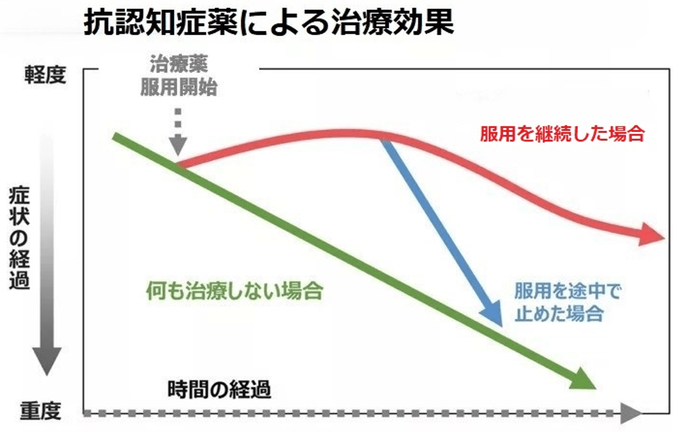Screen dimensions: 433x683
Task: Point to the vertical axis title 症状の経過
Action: tap(20, 237)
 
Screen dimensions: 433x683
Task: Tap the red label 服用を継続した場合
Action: tap(561, 134)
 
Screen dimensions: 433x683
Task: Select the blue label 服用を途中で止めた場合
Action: tap(568, 303)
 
